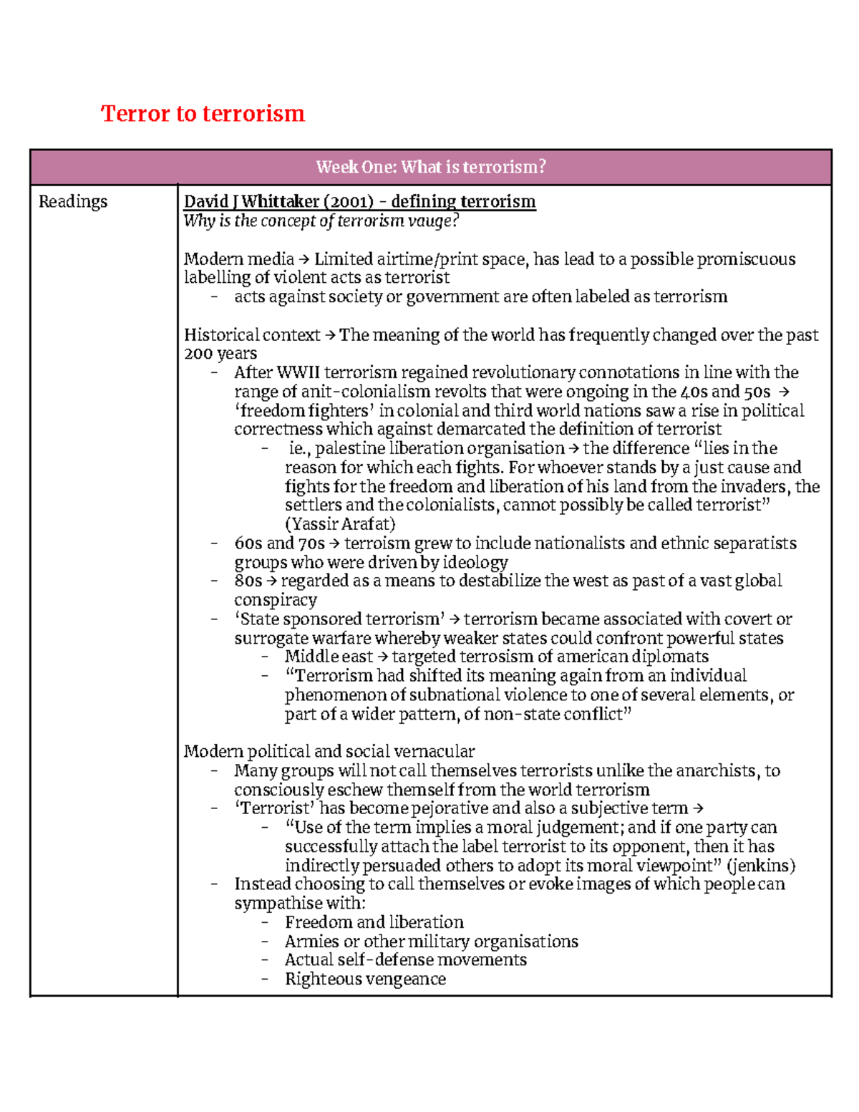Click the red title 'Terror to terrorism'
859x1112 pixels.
point(203,113)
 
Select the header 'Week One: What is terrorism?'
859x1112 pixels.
point(430,167)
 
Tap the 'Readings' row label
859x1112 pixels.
point(73,202)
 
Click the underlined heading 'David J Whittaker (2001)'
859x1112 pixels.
point(278,202)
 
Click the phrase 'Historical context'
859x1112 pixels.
point(252,335)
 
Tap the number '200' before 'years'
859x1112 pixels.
point(198,354)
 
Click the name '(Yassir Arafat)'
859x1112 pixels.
point(340,524)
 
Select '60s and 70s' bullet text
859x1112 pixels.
point(279,543)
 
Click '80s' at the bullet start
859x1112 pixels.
point(248,581)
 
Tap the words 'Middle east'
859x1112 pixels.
point(329,657)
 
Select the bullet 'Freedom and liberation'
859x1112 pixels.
point(374,922)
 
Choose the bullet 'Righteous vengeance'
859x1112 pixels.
point(365,979)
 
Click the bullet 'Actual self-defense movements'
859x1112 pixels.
point(405,960)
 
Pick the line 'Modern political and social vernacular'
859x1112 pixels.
point(329,752)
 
